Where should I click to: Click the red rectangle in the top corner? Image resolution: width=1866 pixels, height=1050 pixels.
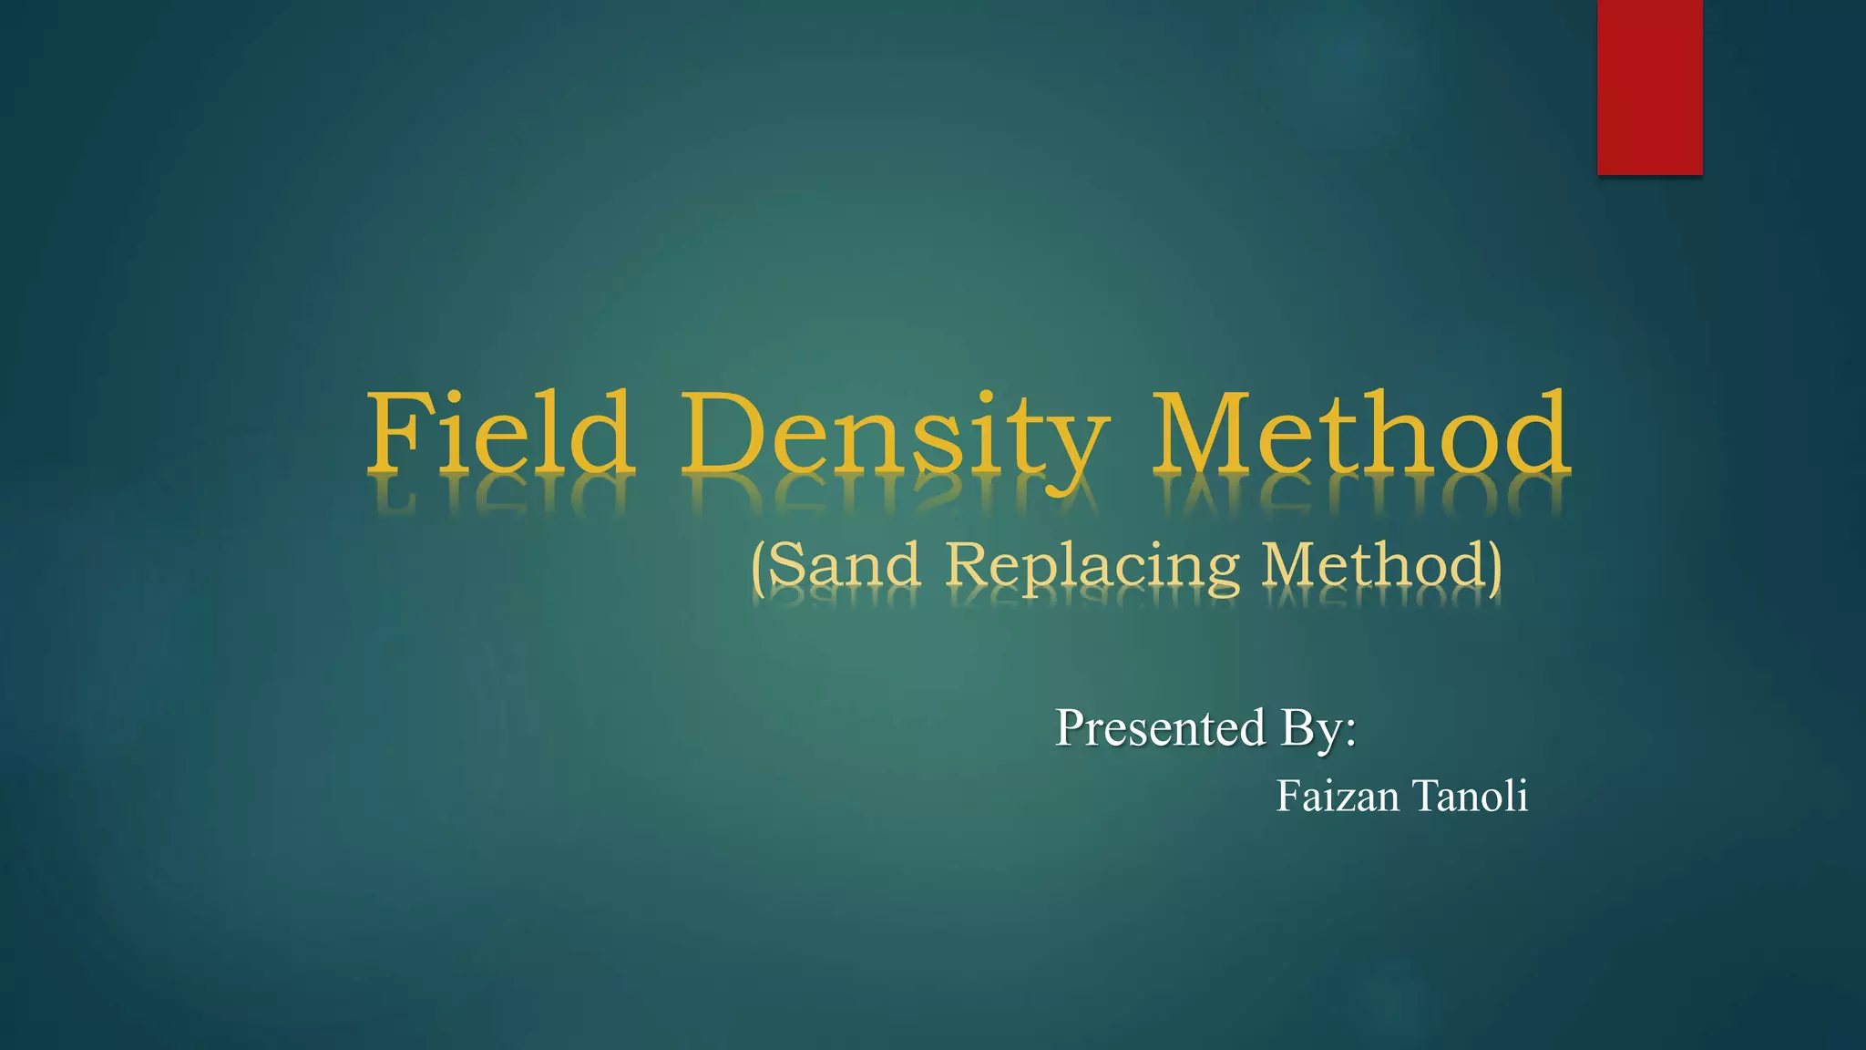1649,87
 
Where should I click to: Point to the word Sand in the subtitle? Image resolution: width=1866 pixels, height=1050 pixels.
844,565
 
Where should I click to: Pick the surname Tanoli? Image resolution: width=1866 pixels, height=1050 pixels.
1471,797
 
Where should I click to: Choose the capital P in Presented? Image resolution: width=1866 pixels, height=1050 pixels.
1071,728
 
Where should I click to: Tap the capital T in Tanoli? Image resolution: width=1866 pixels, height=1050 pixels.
1429,797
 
